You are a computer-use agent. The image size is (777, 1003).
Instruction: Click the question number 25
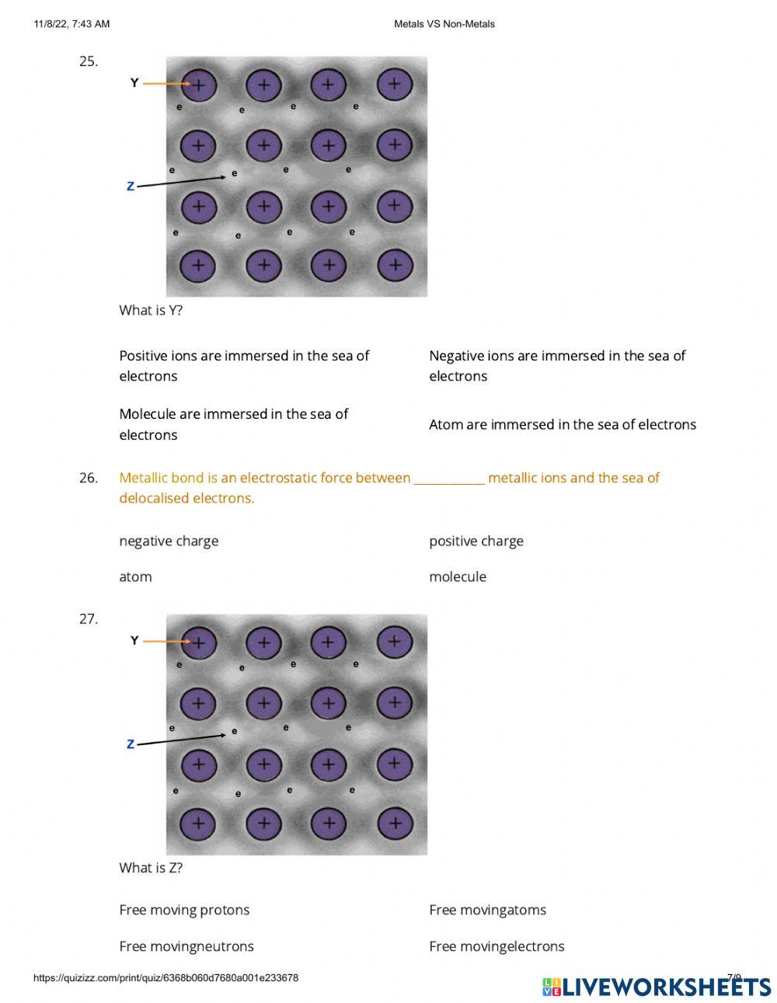[88, 61]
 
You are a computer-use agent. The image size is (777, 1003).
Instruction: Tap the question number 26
[88, 478]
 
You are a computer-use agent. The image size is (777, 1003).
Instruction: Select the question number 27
[88, 618]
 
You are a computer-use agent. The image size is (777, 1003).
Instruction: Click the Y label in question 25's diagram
[134, 83]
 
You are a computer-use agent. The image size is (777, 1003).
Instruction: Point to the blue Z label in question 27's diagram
[131, 744]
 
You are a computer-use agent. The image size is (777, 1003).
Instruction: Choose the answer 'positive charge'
[476, 541]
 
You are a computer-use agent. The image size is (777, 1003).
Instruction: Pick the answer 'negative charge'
[169, 541]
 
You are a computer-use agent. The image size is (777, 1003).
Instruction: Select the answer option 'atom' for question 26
[135, 576]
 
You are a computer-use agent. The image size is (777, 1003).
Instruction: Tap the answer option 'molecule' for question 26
[457, 576]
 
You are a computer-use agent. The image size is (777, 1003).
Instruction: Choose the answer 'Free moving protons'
[184, 910]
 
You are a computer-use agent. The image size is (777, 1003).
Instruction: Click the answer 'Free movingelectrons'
[497, 946]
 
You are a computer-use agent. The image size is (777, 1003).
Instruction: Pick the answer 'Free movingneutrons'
[186, 946]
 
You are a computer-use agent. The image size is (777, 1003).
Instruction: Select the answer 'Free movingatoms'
[487, 910]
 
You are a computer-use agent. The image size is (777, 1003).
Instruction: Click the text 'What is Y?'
[151, 310]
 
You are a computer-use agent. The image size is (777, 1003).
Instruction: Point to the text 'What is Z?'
[151, 868]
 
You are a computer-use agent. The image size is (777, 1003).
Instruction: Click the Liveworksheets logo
[656, 986]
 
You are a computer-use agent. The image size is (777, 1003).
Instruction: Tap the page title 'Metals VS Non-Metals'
[444, 24]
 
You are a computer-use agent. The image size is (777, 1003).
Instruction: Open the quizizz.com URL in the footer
[166, 978]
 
